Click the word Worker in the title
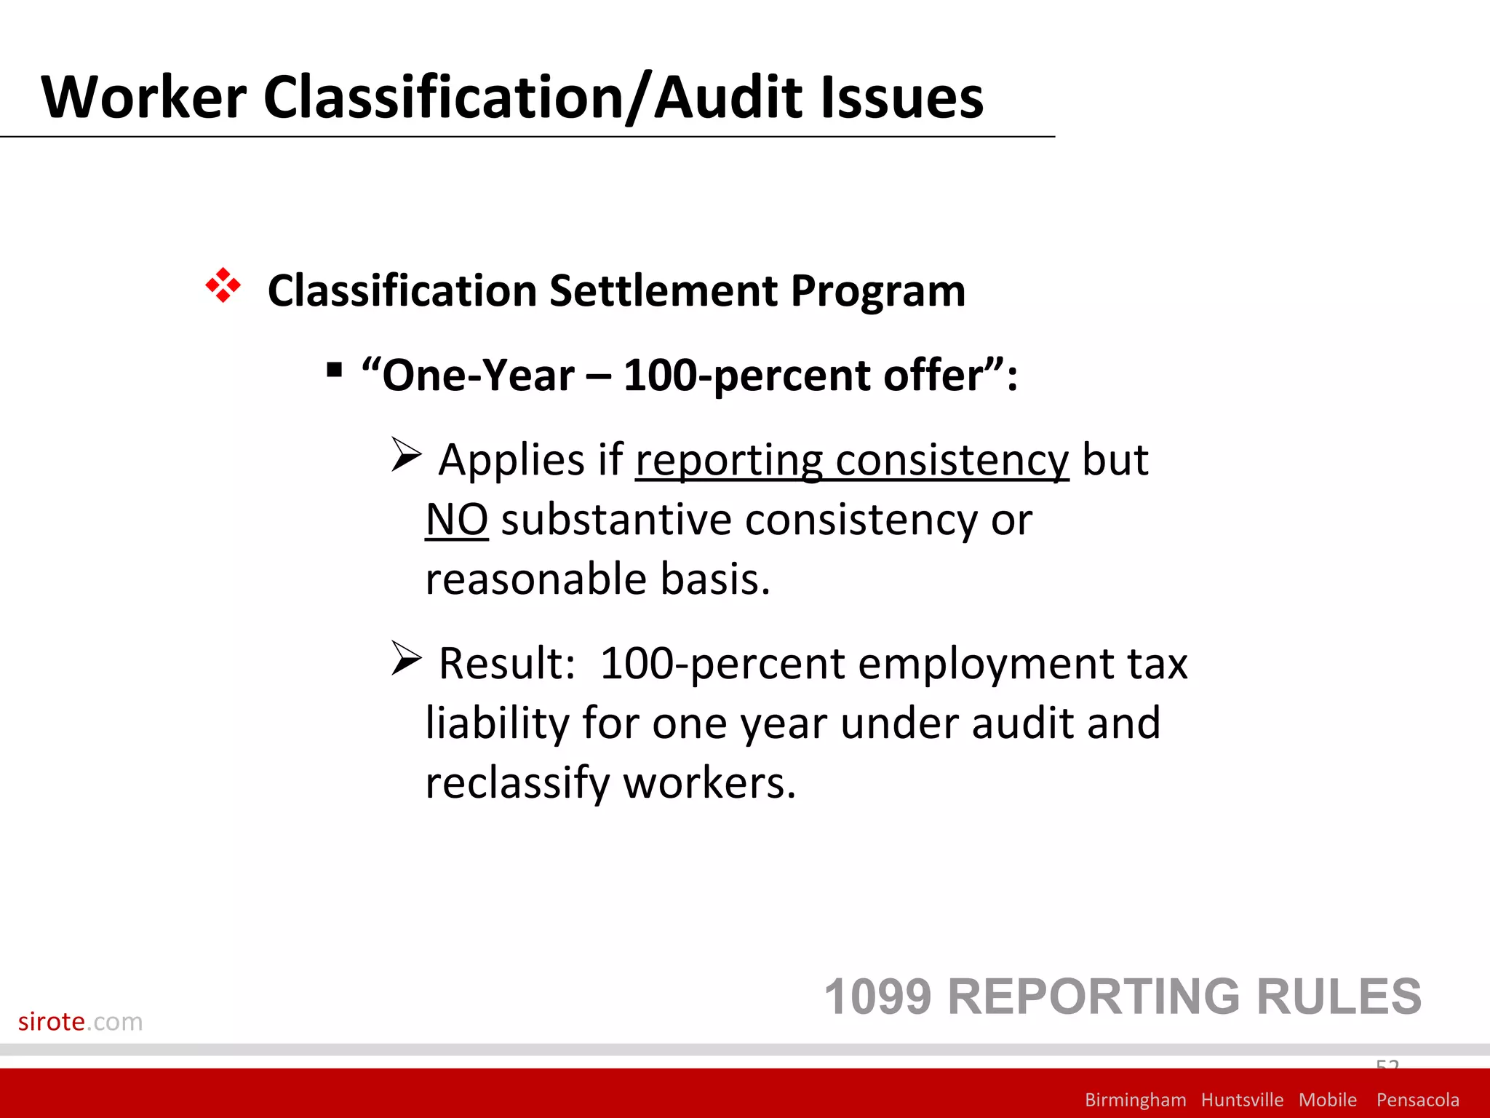[144, 98]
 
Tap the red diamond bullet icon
[223, 285]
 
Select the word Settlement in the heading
[664, 291]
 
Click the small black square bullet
[334, 370]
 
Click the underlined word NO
[456, 520]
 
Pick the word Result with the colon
[507, 664]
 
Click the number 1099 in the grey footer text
[877, 996]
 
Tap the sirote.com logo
[80, 1021]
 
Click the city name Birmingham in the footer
[1135, 1100]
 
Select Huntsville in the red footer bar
[1242, 1100]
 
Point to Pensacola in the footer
[1417, 1100]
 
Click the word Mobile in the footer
[1327, 1100]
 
